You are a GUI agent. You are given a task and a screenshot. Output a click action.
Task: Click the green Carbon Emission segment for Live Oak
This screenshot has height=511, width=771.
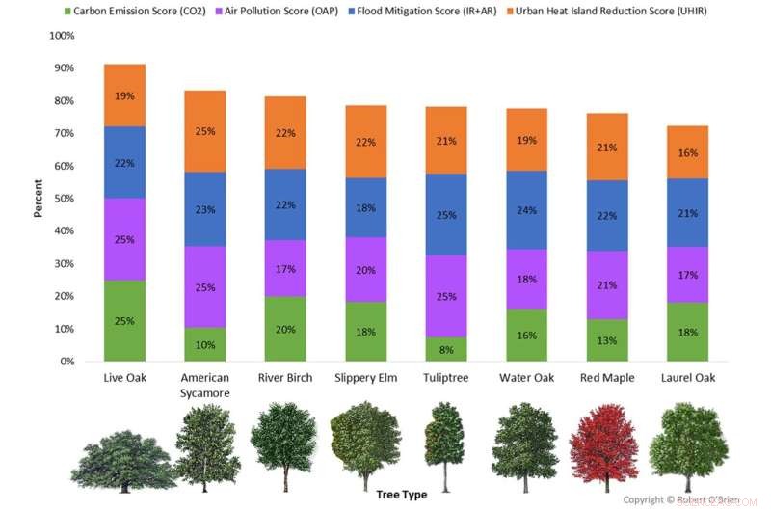click(124, 320)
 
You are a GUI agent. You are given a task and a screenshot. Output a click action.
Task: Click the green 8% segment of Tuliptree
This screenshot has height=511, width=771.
click(445, 349)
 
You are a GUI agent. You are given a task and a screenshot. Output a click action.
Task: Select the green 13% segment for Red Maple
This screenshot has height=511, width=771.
click(605, 339)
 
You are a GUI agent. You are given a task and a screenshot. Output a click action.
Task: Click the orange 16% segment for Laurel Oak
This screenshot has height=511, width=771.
click(686, 152)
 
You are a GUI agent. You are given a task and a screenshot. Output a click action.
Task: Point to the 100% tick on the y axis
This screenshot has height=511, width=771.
click(61, 36)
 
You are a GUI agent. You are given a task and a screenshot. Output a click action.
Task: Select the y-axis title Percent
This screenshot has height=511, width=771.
click(39, 199)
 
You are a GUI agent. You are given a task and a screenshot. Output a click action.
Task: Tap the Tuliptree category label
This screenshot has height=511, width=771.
click(445, 378)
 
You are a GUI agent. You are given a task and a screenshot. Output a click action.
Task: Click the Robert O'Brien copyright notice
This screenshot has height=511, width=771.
click(680, 500)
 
